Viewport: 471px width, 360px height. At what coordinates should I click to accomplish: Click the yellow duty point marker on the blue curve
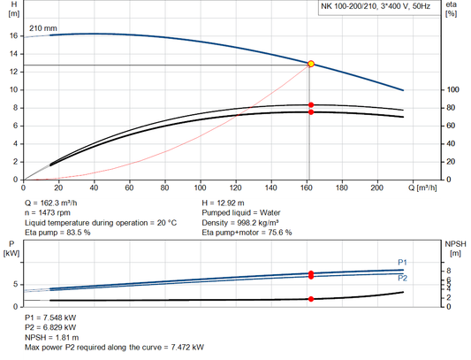pos(310,65)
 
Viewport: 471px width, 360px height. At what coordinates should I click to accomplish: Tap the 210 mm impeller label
pos(43,28)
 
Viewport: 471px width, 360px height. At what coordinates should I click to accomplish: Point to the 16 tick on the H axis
pos(12,36)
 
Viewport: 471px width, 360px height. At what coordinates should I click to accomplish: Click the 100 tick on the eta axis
pos(452,90)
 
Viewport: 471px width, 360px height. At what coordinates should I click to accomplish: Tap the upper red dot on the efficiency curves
pos(310,105)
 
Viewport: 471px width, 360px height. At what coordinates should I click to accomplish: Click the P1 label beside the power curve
pos(403,262)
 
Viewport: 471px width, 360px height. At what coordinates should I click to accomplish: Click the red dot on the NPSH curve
pos(310,299)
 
